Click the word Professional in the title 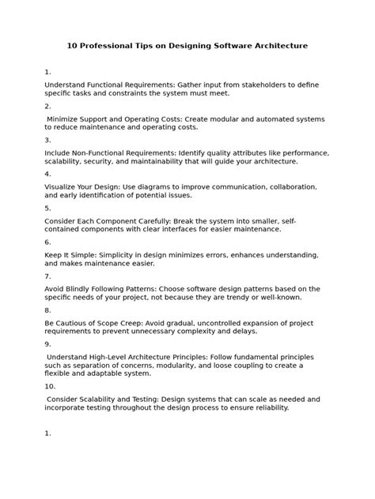109,46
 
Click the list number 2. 47,106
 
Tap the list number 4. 47,174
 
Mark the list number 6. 47,242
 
